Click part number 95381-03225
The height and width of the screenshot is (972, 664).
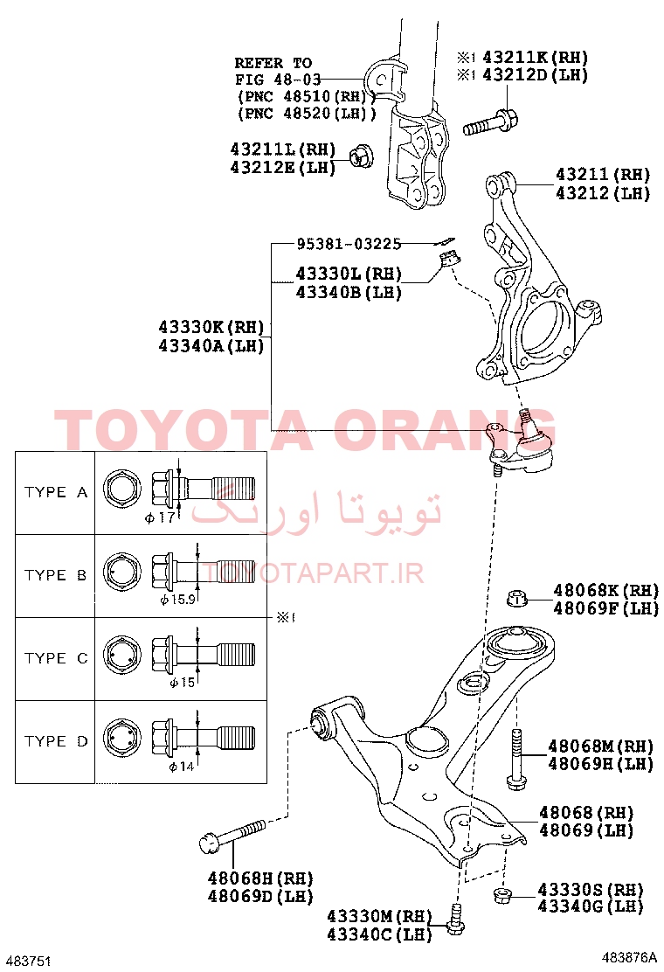point(349,244)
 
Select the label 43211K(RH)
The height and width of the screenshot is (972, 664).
point(536,57)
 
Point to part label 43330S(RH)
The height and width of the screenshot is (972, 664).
point(591,890)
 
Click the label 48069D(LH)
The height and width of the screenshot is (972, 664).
point(260,896)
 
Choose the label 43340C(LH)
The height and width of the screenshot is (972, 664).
point(379,934)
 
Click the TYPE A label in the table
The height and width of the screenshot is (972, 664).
point(56,492)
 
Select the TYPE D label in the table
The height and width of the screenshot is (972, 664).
point(56,741)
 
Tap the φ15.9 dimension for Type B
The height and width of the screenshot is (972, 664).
point(177,600)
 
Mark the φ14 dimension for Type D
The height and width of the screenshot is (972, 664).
point(182,767)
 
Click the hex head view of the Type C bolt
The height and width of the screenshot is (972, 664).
point(121,656)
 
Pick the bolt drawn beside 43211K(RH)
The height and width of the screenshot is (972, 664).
point(490,121)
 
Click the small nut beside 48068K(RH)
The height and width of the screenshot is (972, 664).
point(516,598)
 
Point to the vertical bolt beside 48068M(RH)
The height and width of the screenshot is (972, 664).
point(516,760)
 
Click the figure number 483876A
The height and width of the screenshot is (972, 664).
point(629,957)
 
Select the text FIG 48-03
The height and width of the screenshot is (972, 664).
point(278,80)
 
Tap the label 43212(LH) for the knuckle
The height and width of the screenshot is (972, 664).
point(603,193)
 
